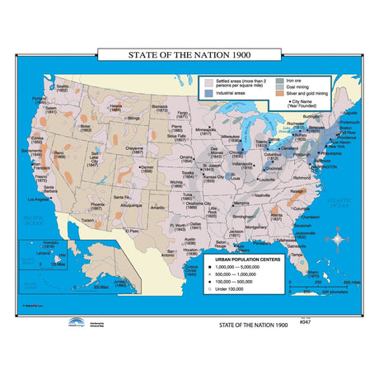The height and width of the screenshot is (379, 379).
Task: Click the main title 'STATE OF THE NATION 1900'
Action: coord(189,57)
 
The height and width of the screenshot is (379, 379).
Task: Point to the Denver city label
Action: coord(147,168)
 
